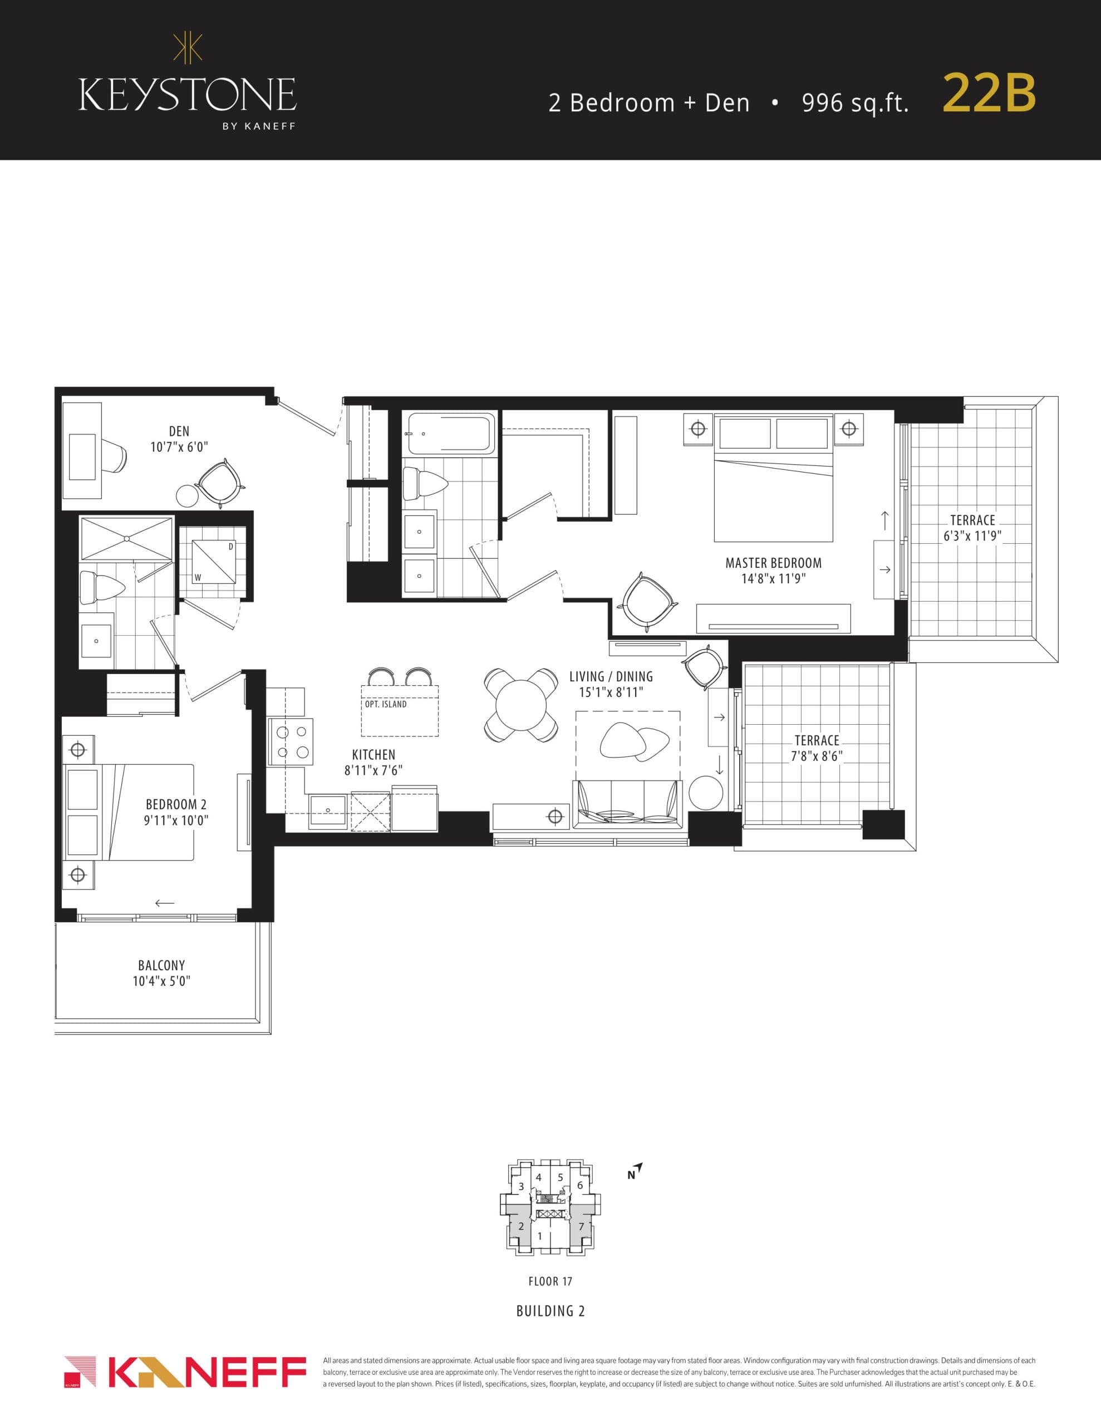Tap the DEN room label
(179, 431)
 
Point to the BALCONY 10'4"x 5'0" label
(161, 973)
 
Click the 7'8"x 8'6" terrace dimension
(817, 757)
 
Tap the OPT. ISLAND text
(386, 705)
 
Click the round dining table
(521, 705)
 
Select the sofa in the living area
(627, 804)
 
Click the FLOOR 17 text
(550, 1281)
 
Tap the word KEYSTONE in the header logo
(188, 95)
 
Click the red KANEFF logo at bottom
(185, 1371)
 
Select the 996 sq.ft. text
(855, 103)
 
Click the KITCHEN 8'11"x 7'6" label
(373, 762)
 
